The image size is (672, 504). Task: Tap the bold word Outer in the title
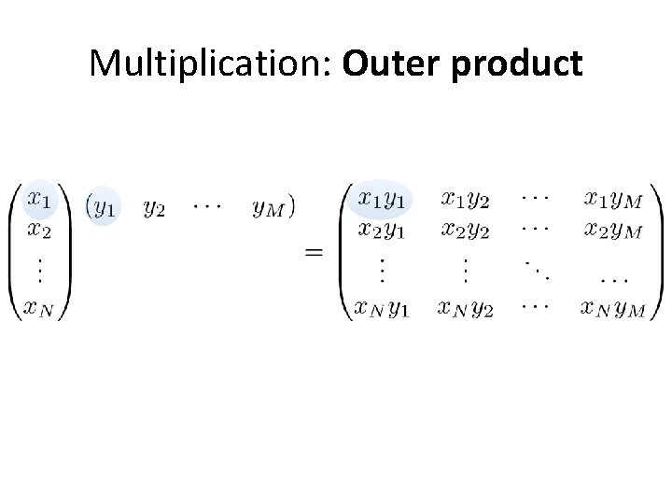[x=387, y=64]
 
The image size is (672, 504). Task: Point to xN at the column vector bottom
[x=42, y=308]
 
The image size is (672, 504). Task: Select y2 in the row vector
[x=155, y=208]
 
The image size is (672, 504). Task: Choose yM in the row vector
[x=267, y=208]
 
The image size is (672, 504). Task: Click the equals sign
[x=314, y=253]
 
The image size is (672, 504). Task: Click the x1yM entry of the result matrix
[x=613, y=199]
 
